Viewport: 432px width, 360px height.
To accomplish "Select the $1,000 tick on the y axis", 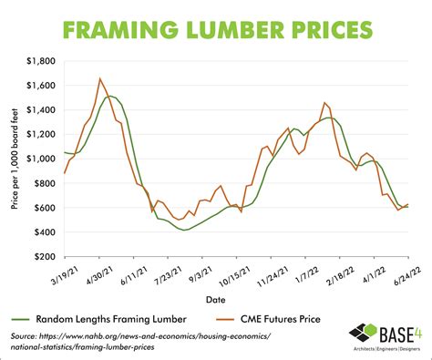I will click(x=40, y=159).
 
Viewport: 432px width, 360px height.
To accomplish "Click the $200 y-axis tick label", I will click(x=44, y=257).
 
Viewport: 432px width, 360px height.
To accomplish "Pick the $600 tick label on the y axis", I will click(x=44, y=208).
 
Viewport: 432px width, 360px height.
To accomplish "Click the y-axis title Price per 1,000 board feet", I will click(x=15, y=159).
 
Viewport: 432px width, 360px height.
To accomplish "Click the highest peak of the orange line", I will click(x=99, y=78).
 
